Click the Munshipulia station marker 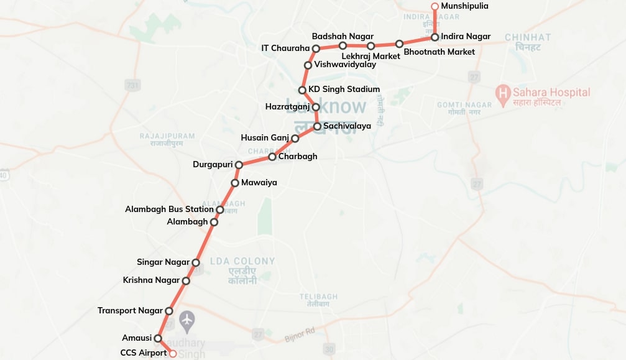click(435, 7)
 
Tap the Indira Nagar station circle click(435, 37)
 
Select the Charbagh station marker click(272, 157)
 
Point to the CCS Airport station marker click(173, 354)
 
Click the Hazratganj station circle click(315, 107)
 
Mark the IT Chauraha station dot click(316, 48)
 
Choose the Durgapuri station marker click(239, 165)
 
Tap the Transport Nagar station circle click(168, 311)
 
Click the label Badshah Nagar click(343, 37)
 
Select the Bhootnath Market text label click(439, 52)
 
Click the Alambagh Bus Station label click(169, 210)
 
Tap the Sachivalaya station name click(347, 126)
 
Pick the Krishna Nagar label click(151, 280)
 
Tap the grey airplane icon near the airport click(186, 321)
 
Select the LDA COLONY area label click(242, 261)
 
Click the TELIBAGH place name click(318, 296)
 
